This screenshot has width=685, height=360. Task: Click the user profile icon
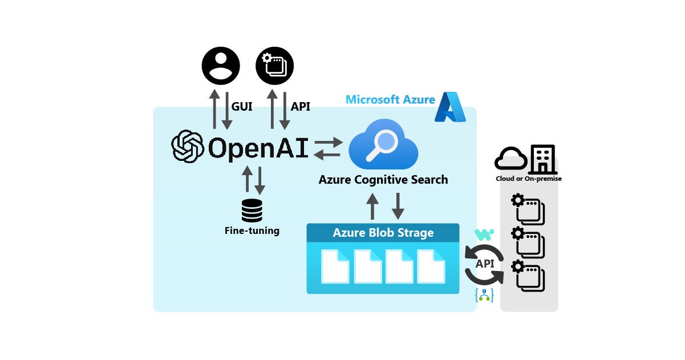tap(221, 66)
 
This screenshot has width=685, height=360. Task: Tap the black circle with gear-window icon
tap(274, 66)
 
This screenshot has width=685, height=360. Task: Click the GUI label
tap(242, 106)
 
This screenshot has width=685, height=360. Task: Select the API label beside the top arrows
tap(300, 106)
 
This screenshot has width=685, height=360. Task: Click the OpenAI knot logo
tap(188, 147)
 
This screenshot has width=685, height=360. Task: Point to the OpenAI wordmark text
tap(258, 148)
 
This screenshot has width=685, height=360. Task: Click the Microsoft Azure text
tap(390, 100)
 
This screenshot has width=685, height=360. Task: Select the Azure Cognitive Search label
tap(383, 180)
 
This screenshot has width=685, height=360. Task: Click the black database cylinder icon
tap(252, 211)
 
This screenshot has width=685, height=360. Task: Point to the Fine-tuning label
tap(252, 231)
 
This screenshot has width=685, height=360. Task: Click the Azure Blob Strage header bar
tap(383, 233)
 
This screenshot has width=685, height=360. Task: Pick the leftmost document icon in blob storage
tap(335, 266)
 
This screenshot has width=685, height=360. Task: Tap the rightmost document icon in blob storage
tap(431, 266)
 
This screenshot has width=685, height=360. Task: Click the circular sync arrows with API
tap(484, 264)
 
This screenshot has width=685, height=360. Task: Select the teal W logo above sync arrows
tap(484, 234)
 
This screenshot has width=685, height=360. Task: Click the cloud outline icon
tap(510, 159)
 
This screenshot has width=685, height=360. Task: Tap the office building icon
tap(542, 159)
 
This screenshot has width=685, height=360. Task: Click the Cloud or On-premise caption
tap(528, 179)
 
